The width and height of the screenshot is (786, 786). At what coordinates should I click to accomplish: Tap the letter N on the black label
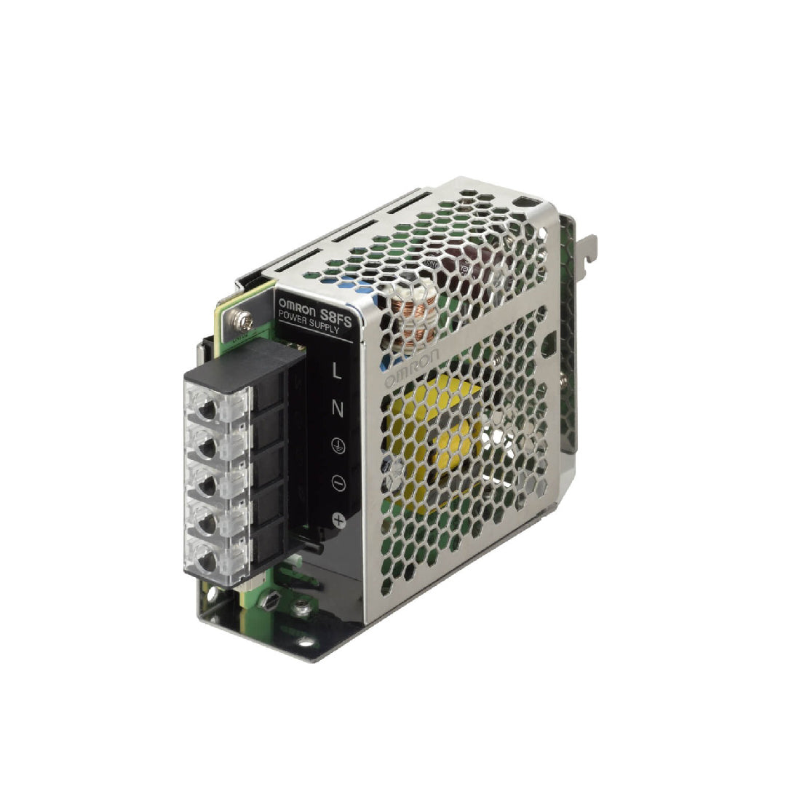337,408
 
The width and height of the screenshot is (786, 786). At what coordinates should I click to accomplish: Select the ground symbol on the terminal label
337,448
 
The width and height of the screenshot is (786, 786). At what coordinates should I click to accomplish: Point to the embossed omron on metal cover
411,368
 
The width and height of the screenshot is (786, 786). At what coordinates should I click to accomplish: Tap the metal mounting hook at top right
586,251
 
